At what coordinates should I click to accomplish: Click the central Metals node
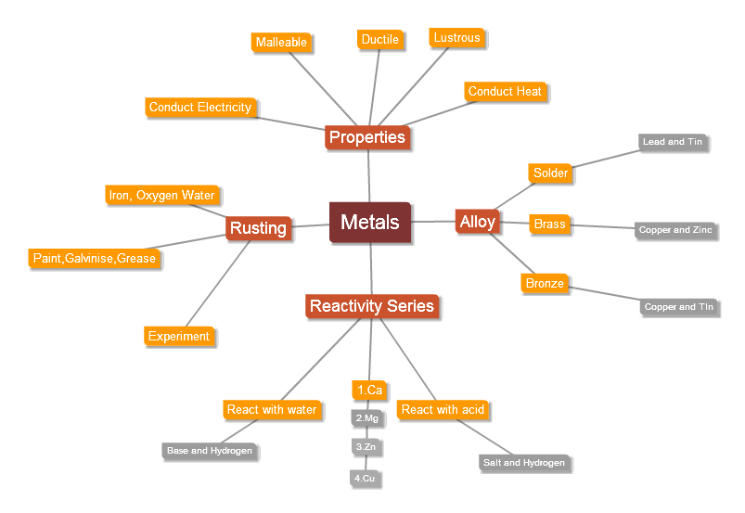click(370, 223)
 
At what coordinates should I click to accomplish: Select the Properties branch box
click(367, 137)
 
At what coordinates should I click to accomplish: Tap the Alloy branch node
click(478, 222)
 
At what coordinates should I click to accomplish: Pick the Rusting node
click(258, 228)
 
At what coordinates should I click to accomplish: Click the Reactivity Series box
click(371, 306)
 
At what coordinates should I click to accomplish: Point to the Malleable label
click(280, 43)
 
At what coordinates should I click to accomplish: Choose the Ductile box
click(380, 39)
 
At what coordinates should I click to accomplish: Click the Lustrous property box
click(456, 38)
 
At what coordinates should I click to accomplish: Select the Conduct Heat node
click(505, 92)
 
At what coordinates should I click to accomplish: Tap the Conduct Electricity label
click(200, 108)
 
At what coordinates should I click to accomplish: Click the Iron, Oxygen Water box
click(161, 196)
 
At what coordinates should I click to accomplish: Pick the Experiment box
click(179, 337)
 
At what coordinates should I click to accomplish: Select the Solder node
click(550, 173)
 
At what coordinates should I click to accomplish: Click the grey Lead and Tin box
click(673, 142)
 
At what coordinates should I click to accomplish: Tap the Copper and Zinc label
click(676, 230)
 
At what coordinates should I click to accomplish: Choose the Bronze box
click(545, 284)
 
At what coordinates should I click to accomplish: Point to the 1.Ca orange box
click(369, 391)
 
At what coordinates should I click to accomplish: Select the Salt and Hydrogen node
click(523, 463)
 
